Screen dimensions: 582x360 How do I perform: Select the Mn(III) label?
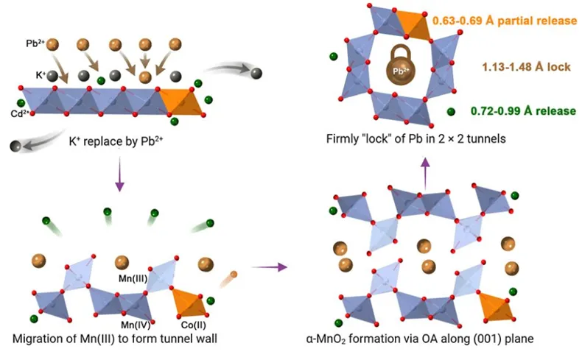pyautogui.click(x=136, y=279)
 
